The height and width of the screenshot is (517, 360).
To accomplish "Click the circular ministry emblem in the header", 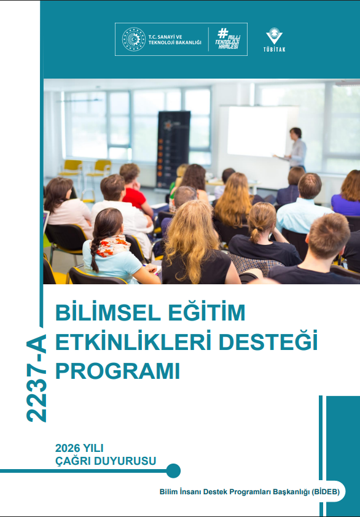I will coord(133,39).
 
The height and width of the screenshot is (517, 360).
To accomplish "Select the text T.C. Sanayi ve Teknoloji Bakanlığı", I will coord(174,39).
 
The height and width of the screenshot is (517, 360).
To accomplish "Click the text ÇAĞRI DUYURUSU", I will coord(106,460).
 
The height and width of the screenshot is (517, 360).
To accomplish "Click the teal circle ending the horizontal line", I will coord(173,471).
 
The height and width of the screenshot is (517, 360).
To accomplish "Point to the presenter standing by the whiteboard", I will coord(297,149).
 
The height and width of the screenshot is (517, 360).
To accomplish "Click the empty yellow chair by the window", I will coord(71,168).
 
